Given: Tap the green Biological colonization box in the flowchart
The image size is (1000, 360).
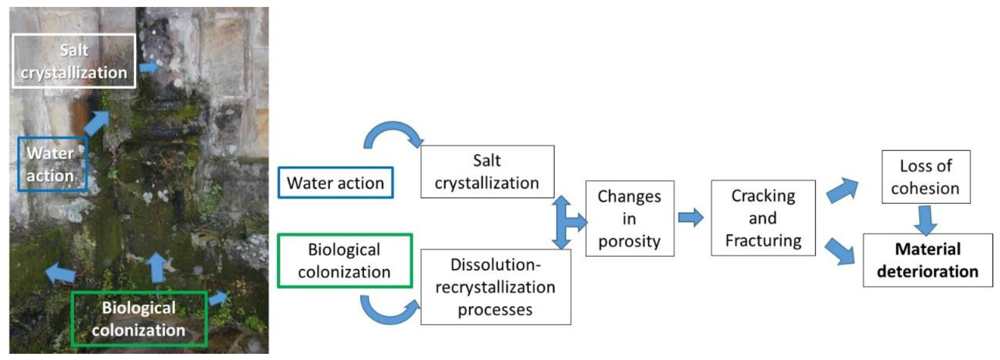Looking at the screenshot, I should click(x=344, y=261).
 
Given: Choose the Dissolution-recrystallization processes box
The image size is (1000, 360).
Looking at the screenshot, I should click(x=495, y=287).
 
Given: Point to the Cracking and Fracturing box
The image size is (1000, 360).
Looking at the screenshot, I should click(x=763, y=218).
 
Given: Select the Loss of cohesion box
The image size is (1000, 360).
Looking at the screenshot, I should click(x=926, y=177).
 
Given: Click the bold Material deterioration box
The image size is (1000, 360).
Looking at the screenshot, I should click(x=927, y=260).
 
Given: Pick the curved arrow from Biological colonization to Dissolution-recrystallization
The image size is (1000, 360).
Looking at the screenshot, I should click(x=388, y=311).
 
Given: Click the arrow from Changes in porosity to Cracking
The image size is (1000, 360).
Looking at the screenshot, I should click(x=690, y=217).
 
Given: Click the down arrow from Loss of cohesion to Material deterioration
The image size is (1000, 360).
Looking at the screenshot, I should click(x=926, y=220).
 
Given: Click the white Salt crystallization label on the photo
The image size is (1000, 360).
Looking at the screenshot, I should click(x=74, y=61).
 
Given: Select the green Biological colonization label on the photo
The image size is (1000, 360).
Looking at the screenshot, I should click(x=139, y=319).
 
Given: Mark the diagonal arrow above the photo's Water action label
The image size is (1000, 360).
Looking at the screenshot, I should click(x=97, y=122).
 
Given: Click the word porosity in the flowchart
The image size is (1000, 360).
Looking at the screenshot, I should click(x=629, y=241).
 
